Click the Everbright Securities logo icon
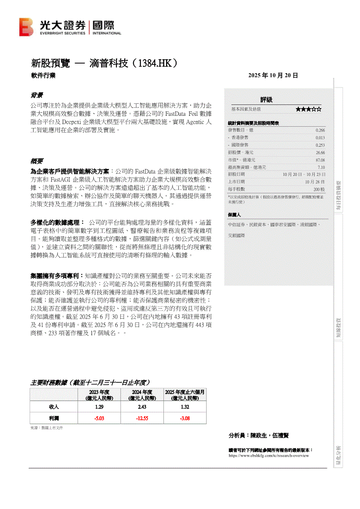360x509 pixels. pyautogui.click(x=26, y=27)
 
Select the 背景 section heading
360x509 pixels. pyautogui.click(x=37, y=95)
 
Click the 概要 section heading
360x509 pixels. pyautogui.click(x=37, y=161)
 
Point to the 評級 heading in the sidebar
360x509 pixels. pyautogui.click(x=266, y=100)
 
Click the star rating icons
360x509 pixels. pyautogui.click(x=309, y=109)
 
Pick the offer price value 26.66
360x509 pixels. pyautogui.click(x=320, y=152)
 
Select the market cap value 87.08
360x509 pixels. pyautogui.click(x=320, y=160)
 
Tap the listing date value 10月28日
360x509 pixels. pyautogui.click(x=315, y=182)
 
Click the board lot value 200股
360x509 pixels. pyautogui.click(x=319, y=189)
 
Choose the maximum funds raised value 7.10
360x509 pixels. pyautogui.click(x=321, y=167)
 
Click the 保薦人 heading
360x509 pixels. pyautogui.click(x=234, y=215)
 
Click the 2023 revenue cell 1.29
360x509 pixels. pyautogui.click(x=99, y=407)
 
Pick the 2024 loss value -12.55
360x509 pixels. pyautogui.click(x=142, y=418)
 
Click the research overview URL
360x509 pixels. pyautogui.click(x=268, y=455)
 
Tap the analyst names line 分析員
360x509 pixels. pyautogui.click(x=258, y=435)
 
